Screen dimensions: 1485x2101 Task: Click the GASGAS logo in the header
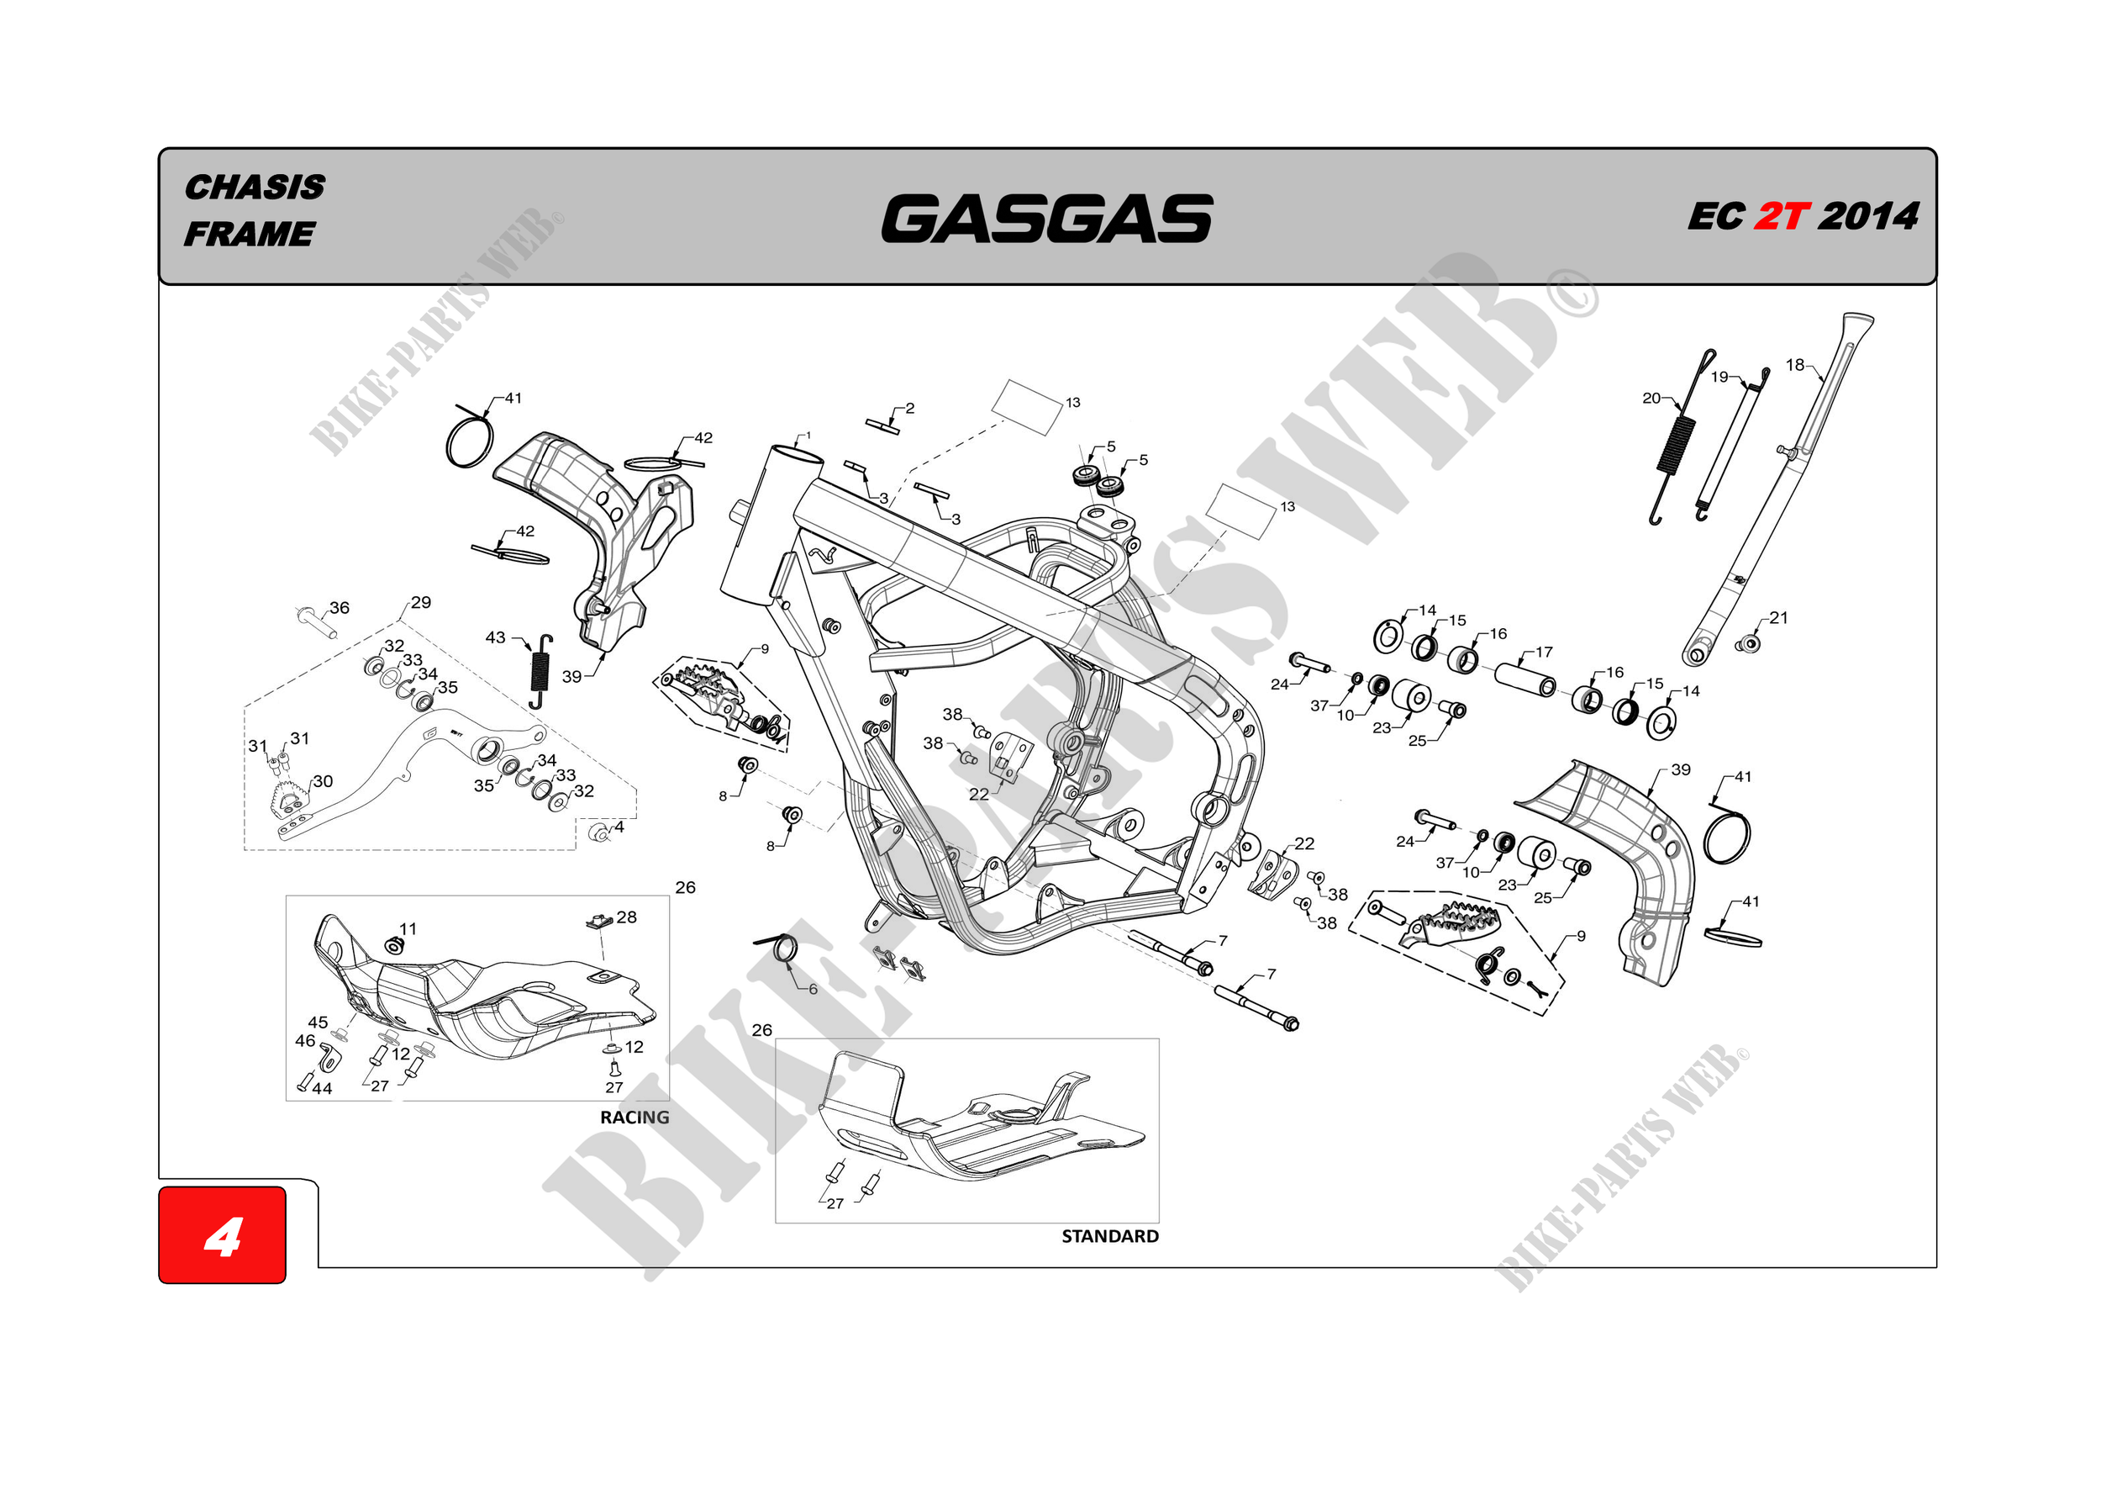1046,218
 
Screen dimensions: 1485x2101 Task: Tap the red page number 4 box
223,1235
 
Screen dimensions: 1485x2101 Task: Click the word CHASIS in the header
255,187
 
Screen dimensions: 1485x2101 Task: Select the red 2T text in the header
1781,217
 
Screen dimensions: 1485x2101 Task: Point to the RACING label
635,1117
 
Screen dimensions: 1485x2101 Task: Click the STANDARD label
1109,1236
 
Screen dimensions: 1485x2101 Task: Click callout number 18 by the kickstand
1794,364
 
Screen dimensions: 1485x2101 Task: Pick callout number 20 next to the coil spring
1651,399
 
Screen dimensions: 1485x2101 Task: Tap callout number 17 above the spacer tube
1544,652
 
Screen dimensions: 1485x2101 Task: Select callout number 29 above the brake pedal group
420,602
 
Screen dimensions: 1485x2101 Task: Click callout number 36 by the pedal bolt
340,608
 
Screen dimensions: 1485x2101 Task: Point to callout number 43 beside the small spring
495,637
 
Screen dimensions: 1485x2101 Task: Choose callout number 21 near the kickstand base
1778,618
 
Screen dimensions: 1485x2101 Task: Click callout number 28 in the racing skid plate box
626,917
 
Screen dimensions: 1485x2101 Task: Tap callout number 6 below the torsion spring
813,989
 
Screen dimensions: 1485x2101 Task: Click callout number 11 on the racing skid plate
408,928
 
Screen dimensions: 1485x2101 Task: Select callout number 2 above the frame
909,409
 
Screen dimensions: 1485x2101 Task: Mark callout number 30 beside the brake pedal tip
323,781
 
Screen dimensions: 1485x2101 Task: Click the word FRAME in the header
249,235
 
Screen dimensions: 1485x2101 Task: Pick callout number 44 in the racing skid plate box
322,1089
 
